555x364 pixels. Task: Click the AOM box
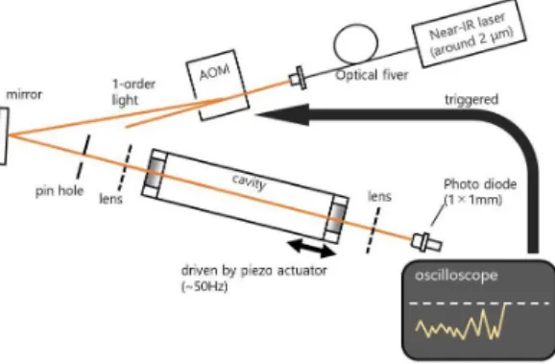click(x=218, y=85)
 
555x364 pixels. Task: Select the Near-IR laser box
click(x=469, y=33)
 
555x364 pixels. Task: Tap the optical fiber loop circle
click(x=355, y=43)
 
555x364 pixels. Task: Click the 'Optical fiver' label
click(x=372, y=76)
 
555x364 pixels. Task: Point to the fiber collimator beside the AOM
click(x=297, y=78)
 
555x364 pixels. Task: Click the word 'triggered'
click(x=471, y=100)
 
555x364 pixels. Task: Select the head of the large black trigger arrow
click(x=282, y=114)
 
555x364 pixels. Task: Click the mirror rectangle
click(x=3, y=136)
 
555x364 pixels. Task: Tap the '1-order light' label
click(x=133, y=92)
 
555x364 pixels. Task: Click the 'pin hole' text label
click(x=60, y=191)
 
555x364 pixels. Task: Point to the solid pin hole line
click(x=83, y=157)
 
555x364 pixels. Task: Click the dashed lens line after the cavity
click(x=374, y=231)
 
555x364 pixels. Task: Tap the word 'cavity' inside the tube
click(x=250, y=182)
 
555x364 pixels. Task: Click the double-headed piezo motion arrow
click(x=310, y=248)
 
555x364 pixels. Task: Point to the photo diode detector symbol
click(x=426, y=243)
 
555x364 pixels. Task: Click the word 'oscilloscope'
click(x=456, y=276)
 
